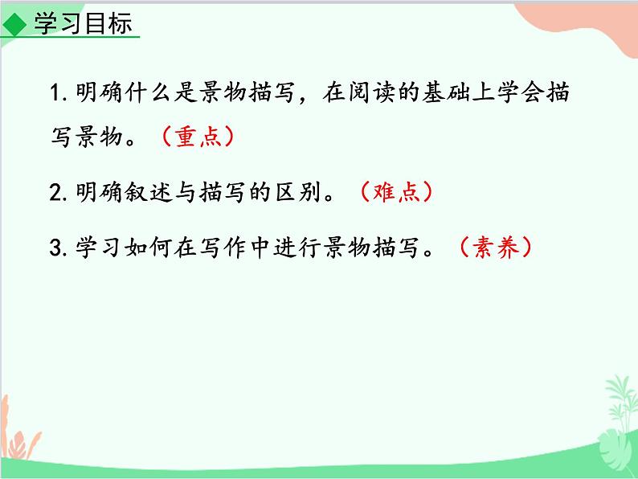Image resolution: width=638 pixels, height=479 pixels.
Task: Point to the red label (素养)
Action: coord(495,248)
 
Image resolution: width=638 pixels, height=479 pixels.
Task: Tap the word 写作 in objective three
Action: coord(231,248)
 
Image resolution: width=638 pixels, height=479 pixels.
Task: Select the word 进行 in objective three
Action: coord(308,248)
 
